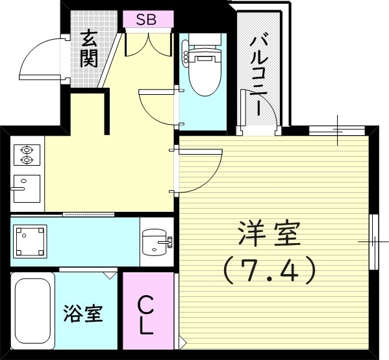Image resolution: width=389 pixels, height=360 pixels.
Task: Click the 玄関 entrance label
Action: (x=89, y=49)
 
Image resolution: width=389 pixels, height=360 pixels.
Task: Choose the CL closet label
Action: (x=147, y=315)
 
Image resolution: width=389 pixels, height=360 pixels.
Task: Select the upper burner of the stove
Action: (x=27, y=148)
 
